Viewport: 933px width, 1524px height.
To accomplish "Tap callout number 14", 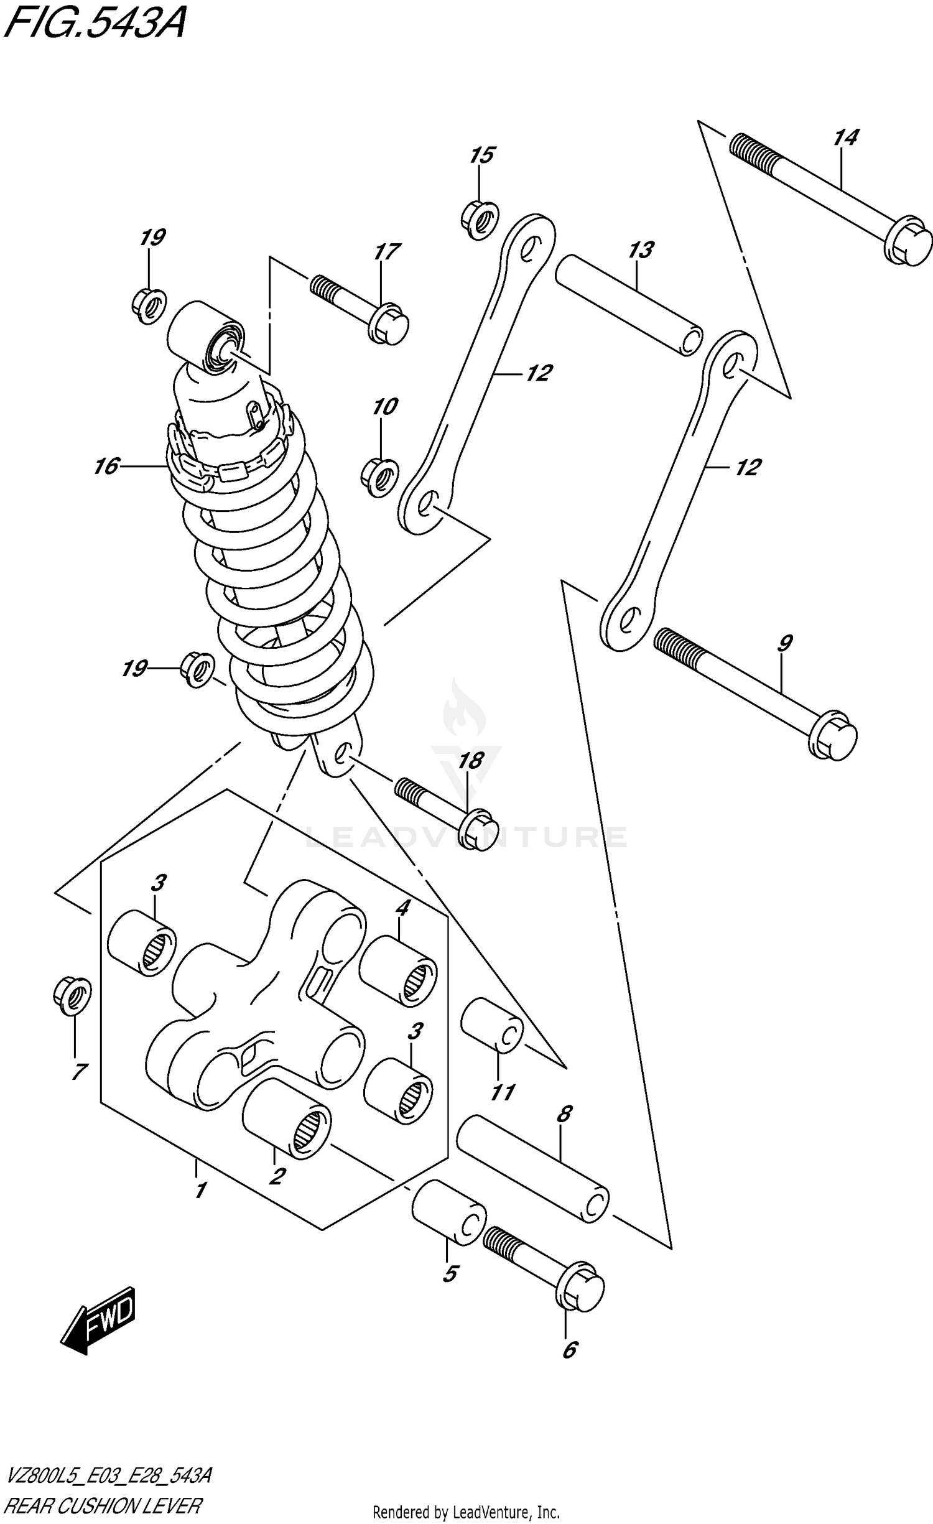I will (846, 138).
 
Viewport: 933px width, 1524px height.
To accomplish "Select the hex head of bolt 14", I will (909, 241).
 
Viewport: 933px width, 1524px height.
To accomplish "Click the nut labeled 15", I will (480, 219).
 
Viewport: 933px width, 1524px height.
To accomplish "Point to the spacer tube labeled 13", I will (628, 305).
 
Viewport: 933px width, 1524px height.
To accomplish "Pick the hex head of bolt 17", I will (389, 323).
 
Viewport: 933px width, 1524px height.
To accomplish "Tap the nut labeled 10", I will (379, 477).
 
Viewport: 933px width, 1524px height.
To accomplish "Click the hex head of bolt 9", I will (833, 735).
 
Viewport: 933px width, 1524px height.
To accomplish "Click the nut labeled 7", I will (72, 995).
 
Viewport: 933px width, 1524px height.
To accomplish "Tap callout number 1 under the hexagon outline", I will (200, 1191).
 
